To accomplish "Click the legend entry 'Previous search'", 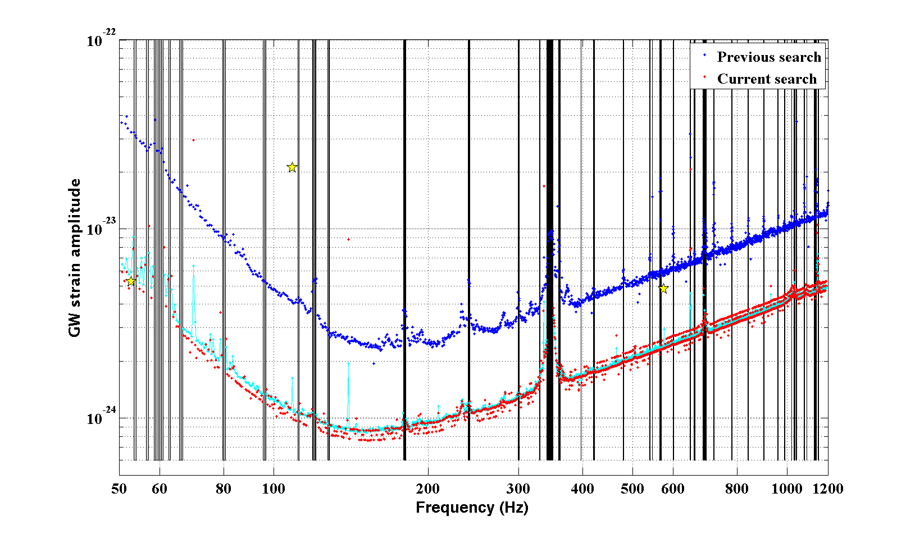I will click(769, 57).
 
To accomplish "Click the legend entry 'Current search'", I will click(767, 79).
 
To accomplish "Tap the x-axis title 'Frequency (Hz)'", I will click(472, 508).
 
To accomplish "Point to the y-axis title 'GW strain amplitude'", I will click(75, 258).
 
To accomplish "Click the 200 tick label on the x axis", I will click(428, 489).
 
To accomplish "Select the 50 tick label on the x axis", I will click(119, 489).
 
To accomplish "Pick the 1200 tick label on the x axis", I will click(828, 489).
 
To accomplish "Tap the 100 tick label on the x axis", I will click(274, 489).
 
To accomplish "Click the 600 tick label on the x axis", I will click(673, 489).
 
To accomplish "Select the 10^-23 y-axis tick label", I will click(101, 229).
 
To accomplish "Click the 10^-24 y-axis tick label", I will click(101, 418).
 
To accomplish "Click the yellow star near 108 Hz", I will click(292, 167).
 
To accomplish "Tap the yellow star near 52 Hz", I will click(131, 281).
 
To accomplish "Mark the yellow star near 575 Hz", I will click(663, 289).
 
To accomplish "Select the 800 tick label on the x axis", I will click(736, 489).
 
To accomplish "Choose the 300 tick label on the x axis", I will click(518, 489).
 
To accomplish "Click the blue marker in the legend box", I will click(704, 56).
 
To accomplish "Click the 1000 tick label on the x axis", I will click(786, 489).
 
